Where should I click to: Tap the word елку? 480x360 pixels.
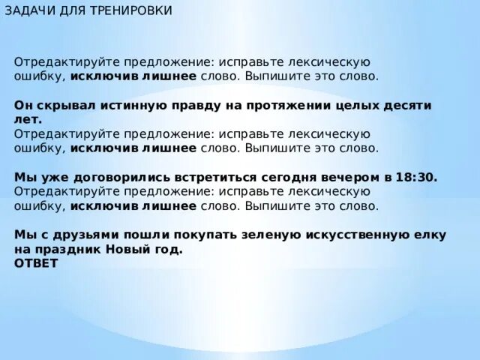(431, 235)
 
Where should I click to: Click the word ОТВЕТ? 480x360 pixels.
(36, 263)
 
